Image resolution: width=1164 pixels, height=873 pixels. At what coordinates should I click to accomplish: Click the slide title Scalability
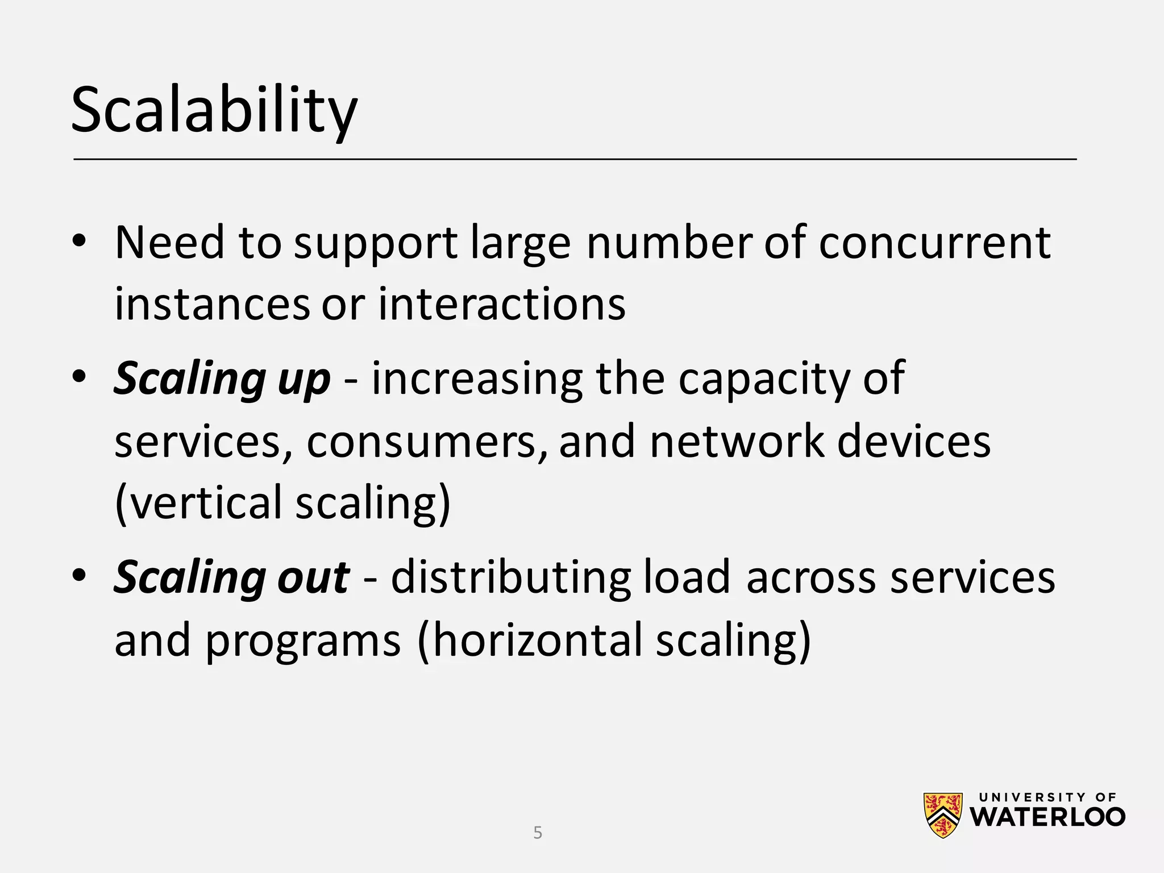click(214, 111)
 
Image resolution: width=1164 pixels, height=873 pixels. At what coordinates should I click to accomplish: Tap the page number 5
click(538, 833)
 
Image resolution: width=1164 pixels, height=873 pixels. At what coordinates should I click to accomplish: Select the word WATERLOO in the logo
click(1047, 817)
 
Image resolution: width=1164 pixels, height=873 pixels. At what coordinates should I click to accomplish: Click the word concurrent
click(934, 243)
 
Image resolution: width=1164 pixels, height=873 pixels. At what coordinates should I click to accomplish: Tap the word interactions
click(502, 304)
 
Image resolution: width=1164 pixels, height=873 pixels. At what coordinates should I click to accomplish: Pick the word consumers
click(421, 442)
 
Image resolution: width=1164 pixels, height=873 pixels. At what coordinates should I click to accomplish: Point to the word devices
click(914, 442)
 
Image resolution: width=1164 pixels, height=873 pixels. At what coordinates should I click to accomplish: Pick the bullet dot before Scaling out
click(79, 575)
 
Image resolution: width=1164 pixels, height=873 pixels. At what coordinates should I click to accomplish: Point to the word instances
click(212, 304)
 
